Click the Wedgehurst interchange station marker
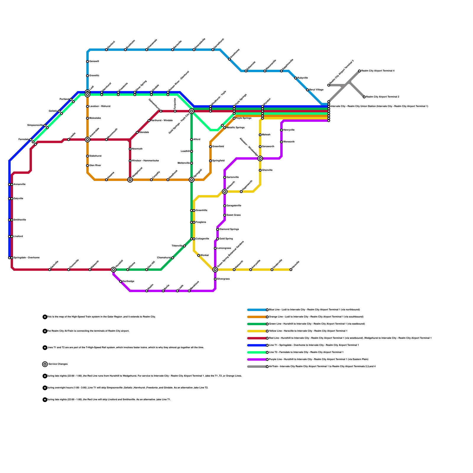(130, 180)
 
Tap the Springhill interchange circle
(192, 180)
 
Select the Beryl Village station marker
(307, 90)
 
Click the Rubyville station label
(303, 78)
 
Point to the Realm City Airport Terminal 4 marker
(359, 71)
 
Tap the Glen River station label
(95, 166)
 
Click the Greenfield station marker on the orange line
(210, 147)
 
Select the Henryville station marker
(281, 130)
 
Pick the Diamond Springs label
(229, 229)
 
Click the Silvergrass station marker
(215, 279)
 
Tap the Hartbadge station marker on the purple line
(121, 281)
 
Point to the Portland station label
(64, 99)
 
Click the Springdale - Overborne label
(27, 258)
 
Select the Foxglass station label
(201, 222)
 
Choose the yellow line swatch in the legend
(257, 331)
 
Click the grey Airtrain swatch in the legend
(257, 367)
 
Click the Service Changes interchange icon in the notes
(45, 364)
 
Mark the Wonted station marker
(199, 255)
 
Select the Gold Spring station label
(226, 239)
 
